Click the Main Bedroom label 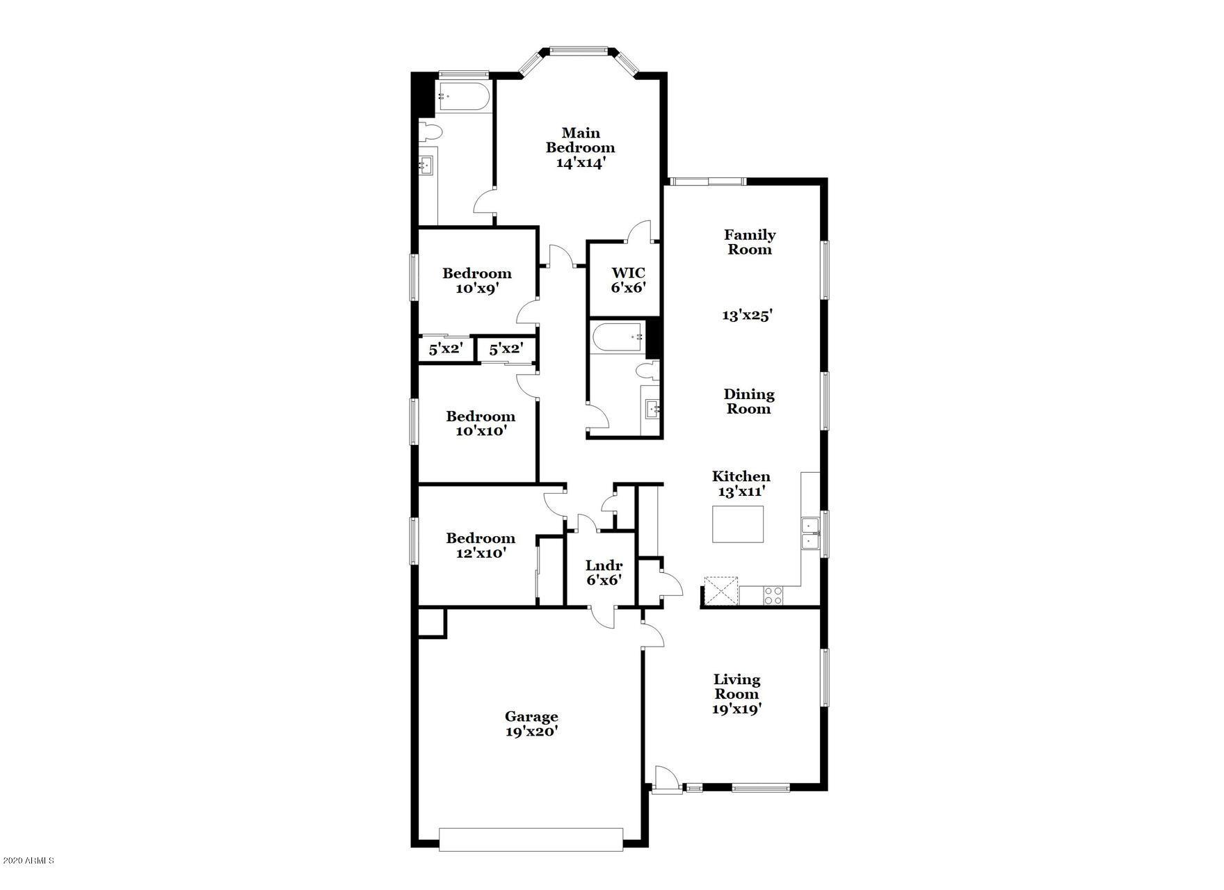click(580, 140)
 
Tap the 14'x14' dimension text click(581, 163)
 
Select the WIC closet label click(628, 273)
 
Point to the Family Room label click(750, 242)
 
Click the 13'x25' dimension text click(748, 315)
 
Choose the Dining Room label click(749, 401)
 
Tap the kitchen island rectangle click(737, 524)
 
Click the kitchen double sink click(810, 534)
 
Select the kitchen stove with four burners click(773, 595)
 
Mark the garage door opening click(531, 839)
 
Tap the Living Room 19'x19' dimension click(737, 709)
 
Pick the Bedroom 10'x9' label click(477, 280)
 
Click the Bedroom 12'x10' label click(481, 545)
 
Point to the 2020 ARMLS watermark click(27, 861)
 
